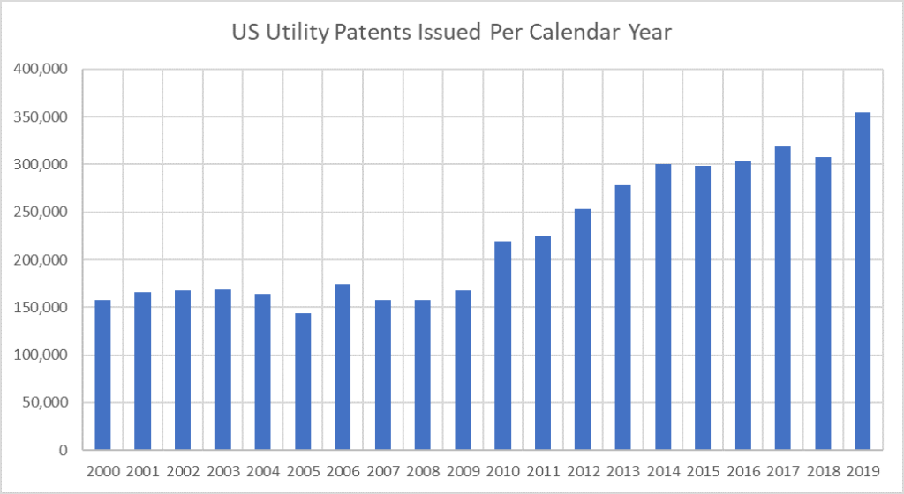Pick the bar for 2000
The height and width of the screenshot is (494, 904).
point(102,375)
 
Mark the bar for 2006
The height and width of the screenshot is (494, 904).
point(343,367)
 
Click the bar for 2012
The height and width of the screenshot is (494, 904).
point(583,330)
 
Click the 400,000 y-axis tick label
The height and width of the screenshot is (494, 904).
point(43,70)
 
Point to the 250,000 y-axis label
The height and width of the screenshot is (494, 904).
point(43,213)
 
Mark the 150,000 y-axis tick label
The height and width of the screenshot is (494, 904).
point(43,308)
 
